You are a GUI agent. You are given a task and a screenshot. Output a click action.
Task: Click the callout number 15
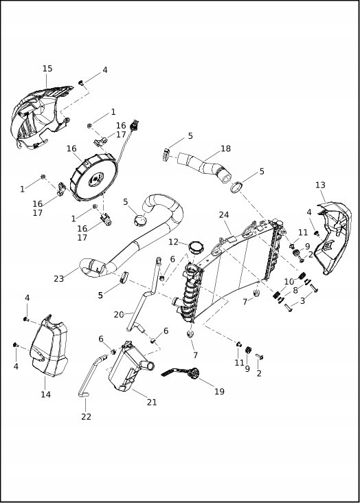click(x=47, y=69)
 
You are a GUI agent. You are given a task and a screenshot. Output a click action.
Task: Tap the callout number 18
click(x=225, y=148)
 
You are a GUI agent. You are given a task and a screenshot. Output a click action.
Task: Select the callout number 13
click(x=320, y=185)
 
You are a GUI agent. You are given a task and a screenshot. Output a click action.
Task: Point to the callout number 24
click(x=224, y=215)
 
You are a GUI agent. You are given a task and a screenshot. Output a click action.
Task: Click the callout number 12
click(x=173, y=242)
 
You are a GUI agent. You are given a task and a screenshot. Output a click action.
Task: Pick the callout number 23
click(x=59, y=279)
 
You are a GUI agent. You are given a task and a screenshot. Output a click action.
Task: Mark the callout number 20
click(x=119, y=314)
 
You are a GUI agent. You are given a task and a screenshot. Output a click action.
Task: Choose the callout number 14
click(x=45, y=394)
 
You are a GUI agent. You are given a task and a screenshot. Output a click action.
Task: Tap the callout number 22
click(x=86, y=416)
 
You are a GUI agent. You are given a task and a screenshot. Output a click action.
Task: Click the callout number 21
click(x=152, y=402)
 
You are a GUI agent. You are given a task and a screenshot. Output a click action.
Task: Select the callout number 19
click(x=219, y=392)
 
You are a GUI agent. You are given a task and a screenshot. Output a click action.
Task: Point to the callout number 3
click(x=302, y=301)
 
